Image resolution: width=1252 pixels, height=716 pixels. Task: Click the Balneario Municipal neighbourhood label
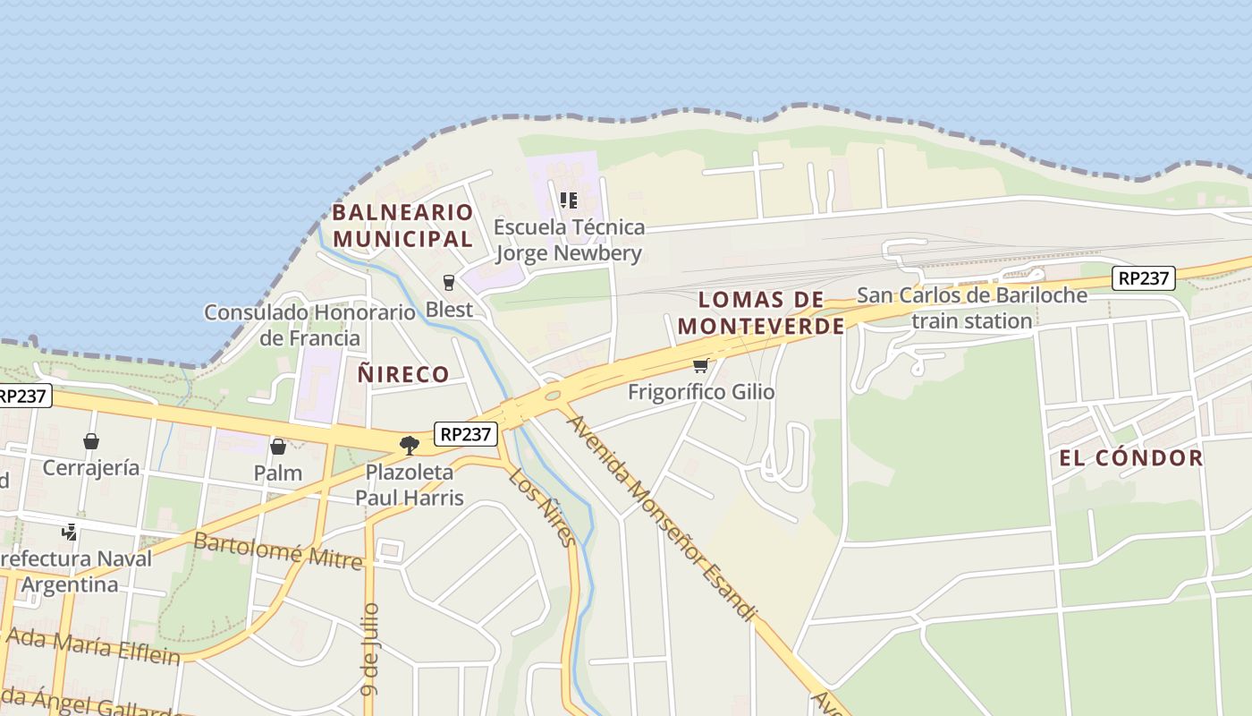pyautogui.click(x=402, y=226)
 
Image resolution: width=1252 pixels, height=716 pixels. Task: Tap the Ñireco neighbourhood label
pyautogui.click(x=403, y=374)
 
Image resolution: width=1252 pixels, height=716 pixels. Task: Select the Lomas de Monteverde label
pyautogui.click(x=761, y=312)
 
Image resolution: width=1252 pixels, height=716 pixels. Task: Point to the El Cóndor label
pyautogui.click(x=1131, y=458)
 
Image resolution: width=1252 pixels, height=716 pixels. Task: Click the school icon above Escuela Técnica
pyautogui.click(x=568, y=200)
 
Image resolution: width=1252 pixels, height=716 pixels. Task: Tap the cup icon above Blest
pyautogui.click(x=449, y=283)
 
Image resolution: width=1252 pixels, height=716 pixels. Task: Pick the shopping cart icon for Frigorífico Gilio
pyautogui.click(x=701, y=365)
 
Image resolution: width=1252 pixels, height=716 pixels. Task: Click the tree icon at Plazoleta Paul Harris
pyautogui.click(x=410, y=445)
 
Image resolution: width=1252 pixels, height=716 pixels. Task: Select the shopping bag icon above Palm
pyautogui.click(x=278, y=446)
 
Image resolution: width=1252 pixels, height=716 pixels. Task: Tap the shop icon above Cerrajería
pyautogui.click(x=90, y=441)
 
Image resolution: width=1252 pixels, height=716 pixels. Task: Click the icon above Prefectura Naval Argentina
pyautogui.click(x=69, y=532)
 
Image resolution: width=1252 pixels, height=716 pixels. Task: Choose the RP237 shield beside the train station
pyautogui.click(x=1144, y=278)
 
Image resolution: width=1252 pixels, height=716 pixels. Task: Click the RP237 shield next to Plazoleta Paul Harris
pyautogui.click(x=466, y=434)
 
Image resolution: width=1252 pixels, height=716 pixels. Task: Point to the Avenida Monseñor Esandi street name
pyautogui.click(x=662, y=517)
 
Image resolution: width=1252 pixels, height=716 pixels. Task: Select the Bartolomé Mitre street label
pyautogui.click(x=278, y=550)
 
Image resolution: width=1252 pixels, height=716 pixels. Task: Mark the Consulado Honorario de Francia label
pyautogui.click(x=309, y=325)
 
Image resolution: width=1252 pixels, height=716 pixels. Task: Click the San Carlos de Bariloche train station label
pyautogui.click(x=972, y=307)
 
